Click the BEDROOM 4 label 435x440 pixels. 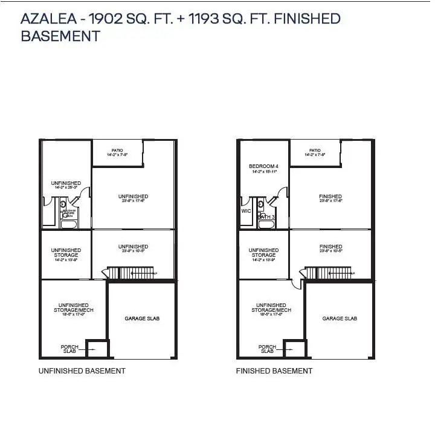pyautogui.click(x=263, y=166)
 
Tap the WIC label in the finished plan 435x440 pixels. pyautogui.click(x=246, y=212)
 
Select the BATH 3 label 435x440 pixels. pyautogui.click(x=266, y=216)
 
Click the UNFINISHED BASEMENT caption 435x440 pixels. pyautogui.click(x=82, y=370)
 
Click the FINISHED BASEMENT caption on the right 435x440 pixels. pyautogui.click(x=274, y=370)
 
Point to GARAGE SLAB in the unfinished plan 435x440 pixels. pyautogui.click(x=142, y=319)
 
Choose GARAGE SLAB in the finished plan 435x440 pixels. pyautogui.click(x=340, y=319)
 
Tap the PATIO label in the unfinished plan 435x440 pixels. pyautogui.click(x=117, y=150)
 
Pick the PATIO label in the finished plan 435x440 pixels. pyautogui.click(x=315, y=150)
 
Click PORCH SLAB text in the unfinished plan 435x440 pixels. pyautogui.click(x=69, y=349)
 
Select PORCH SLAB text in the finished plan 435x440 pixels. pyautogui.click(x=267, y=349)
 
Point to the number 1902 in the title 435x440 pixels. pyautogui.click(x=106, y=18)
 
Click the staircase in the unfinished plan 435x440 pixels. pyautogui.click(x=129, y=273)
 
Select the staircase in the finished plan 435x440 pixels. pyautogui.click(x=327, y=273)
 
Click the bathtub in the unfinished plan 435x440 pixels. pyautogui.click(x=68, y=224)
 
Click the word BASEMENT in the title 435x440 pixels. pyautogui.click(x=60, y=36)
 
